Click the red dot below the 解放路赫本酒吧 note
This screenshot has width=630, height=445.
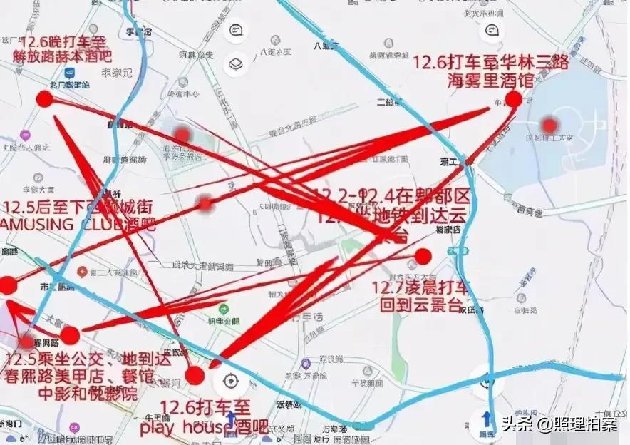(44, 99)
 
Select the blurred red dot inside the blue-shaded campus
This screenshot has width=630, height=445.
(548, 126)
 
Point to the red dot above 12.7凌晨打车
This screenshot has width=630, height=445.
(423, 256)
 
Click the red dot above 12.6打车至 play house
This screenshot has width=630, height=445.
(195, 375)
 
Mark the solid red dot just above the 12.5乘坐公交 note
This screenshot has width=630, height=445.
(69, 335)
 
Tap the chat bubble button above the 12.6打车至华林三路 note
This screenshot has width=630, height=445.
(491, 31)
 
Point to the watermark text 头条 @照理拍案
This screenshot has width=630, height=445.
(557, 425)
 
